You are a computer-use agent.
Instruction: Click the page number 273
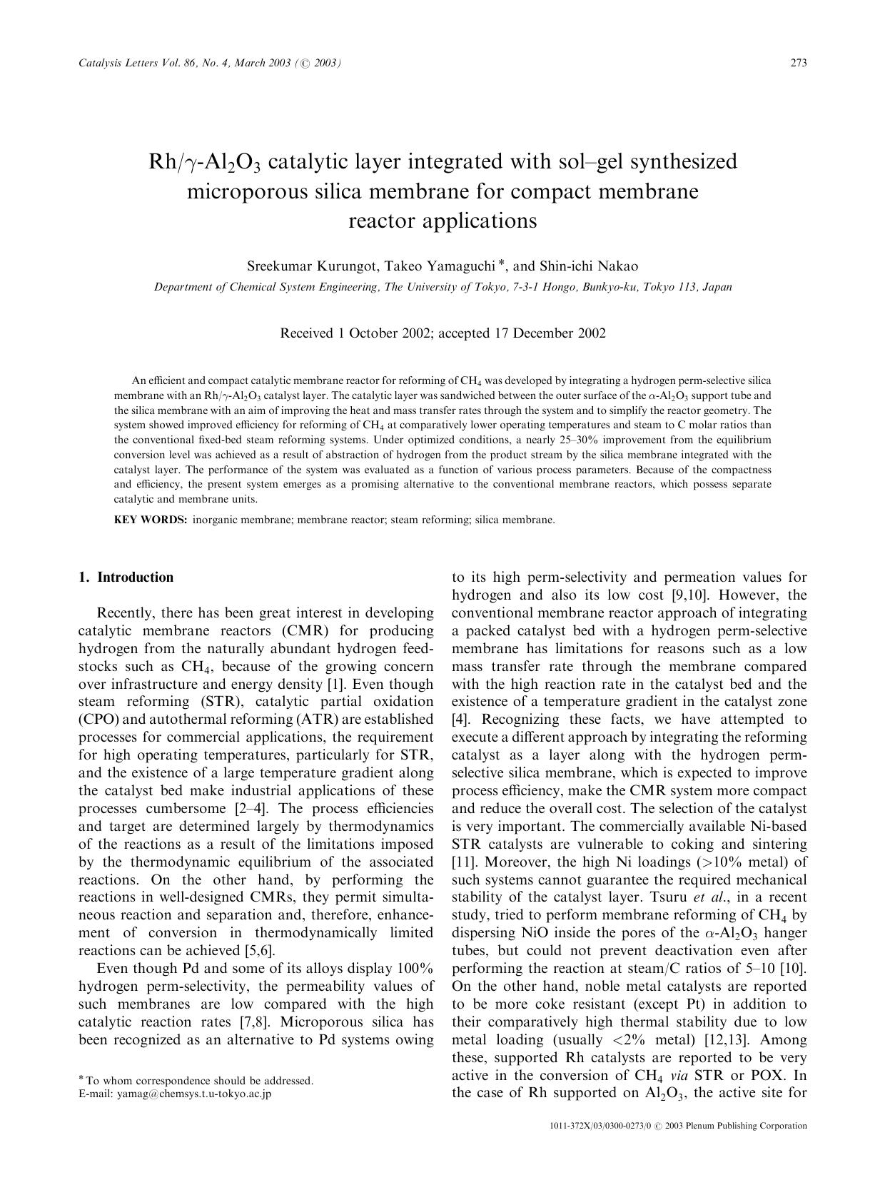pyautogui.click(x=798, y=63)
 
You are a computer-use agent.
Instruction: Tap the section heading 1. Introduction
pyautogui.click(x=126, y=578)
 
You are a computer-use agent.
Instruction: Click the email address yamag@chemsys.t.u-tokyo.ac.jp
pyautogui.click(x=194, y=1094)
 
